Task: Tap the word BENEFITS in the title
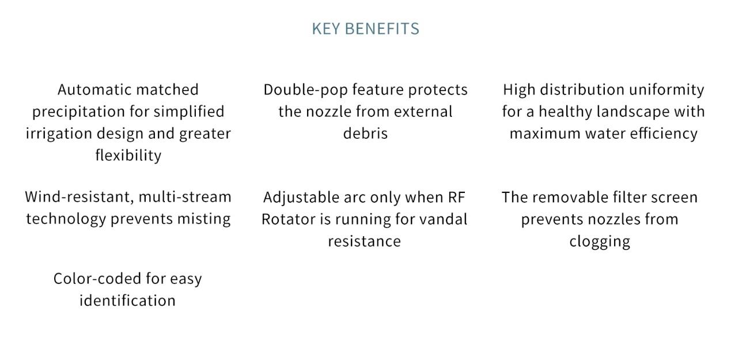click(382, 29)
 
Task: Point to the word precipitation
click(78, 112)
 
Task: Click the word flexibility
click(128, 155)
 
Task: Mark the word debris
click(365, 133)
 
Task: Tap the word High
click(519, 90)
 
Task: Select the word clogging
click(600, 242)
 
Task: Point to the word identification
click(128, 301)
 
